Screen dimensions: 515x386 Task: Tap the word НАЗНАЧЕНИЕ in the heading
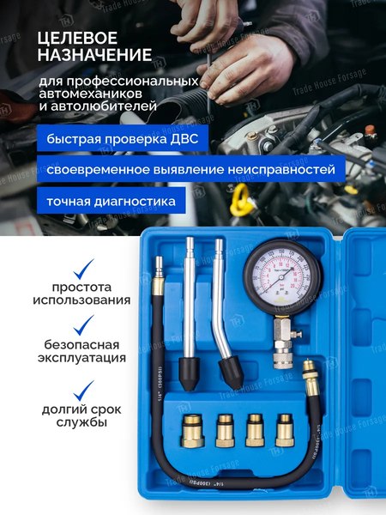point(95,57)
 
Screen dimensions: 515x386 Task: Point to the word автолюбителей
point(98,108)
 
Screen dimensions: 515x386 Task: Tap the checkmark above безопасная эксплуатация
point(82,325)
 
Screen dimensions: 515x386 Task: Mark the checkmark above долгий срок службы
point(82,391)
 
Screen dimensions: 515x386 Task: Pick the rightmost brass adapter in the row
point(284,428)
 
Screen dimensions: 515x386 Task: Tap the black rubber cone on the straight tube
point(188,371)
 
